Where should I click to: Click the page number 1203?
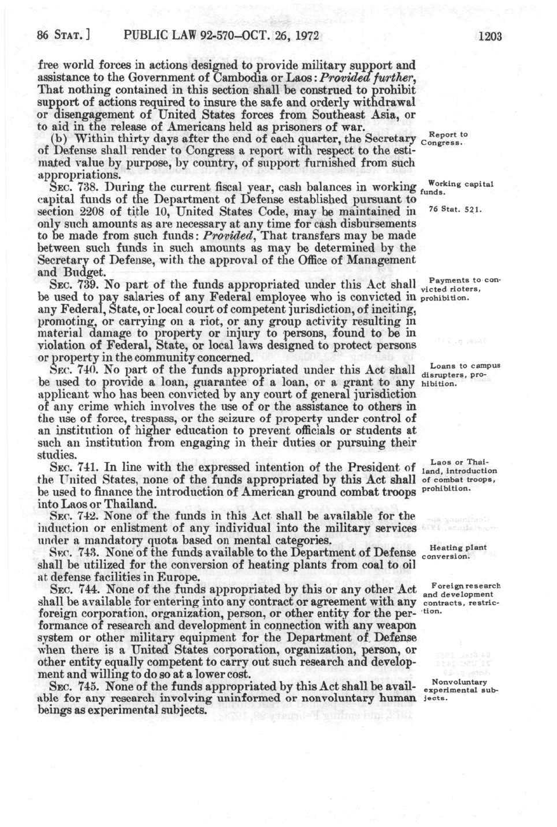(x=490, y=36)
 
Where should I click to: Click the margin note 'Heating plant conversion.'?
(x=454, y=552)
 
